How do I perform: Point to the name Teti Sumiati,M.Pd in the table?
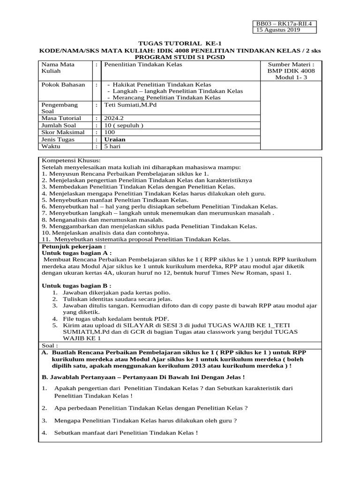(x=129, y=105)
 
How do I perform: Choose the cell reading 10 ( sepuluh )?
(x=124, y=126)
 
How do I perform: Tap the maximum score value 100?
(x=110, y=133)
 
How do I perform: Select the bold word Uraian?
(x=115, y=140)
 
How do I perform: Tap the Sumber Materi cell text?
(x=291, y=71)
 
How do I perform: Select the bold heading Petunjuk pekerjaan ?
(x=74, y=246)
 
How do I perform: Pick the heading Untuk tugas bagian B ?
(x=77, y=285)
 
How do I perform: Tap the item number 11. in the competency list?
(x=47, y=239)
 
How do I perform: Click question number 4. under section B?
(x=45, y=433)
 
